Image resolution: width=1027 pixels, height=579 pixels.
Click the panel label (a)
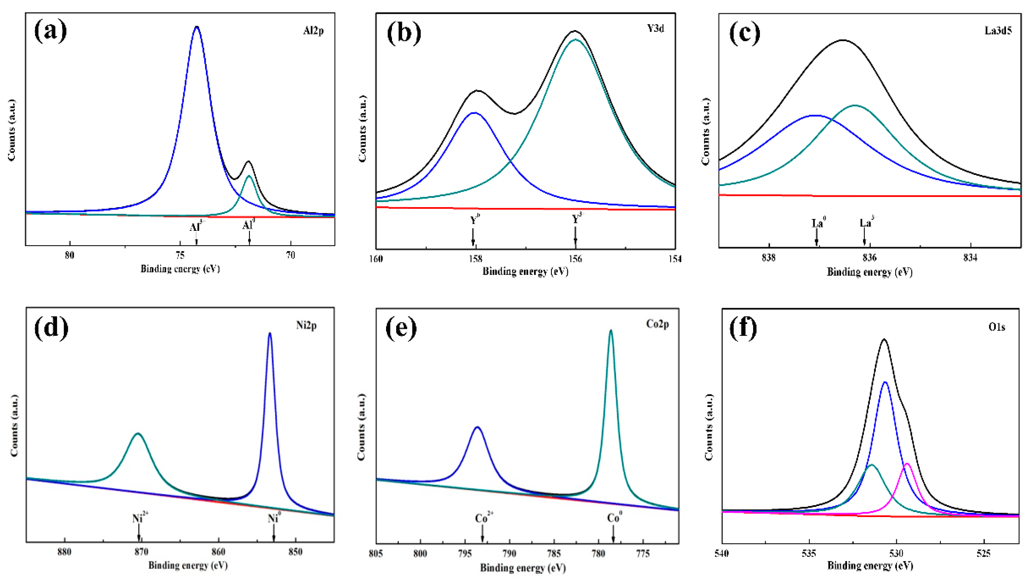click(51, 31)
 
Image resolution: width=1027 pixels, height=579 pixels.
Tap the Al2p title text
click(313, 31)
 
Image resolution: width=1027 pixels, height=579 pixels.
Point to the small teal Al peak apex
click(249, 176)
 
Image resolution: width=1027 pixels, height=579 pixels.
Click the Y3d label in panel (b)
click(655, 29)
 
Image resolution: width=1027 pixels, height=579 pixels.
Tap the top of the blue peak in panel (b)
click(474, 113)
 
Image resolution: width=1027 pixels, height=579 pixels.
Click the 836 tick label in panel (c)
click(869, 258)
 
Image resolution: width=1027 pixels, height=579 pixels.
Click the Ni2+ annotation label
click(140, 518)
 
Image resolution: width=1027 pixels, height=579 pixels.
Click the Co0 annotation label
click(614, 518)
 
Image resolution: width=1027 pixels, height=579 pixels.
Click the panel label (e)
click(401, 328)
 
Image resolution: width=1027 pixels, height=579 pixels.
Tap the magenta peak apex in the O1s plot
click(907, 464)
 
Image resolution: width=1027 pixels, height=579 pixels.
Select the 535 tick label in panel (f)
click(809, 554)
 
